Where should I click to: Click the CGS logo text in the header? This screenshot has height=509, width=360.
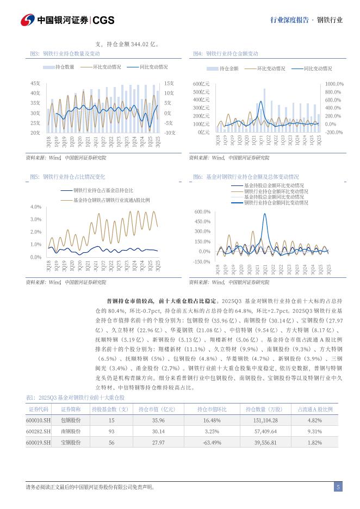tap(103, 20)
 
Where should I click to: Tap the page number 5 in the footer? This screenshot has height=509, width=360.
tap(338, 487)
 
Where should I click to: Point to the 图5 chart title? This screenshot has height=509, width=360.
tap(67, 177)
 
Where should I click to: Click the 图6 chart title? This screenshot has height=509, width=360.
tap(246, 177)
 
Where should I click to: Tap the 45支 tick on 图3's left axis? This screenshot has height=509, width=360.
tap(35, 83)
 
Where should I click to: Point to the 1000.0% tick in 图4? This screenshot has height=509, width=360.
tap(334, 84)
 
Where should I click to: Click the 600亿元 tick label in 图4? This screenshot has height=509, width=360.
tap(201, 84)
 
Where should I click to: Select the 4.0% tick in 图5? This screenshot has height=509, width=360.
tap(36, 207)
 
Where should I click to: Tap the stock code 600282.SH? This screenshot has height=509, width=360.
tap(39, 431)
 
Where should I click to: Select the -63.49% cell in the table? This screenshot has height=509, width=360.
tap(212, 443)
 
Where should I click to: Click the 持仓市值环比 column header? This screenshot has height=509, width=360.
tap(212, 409)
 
